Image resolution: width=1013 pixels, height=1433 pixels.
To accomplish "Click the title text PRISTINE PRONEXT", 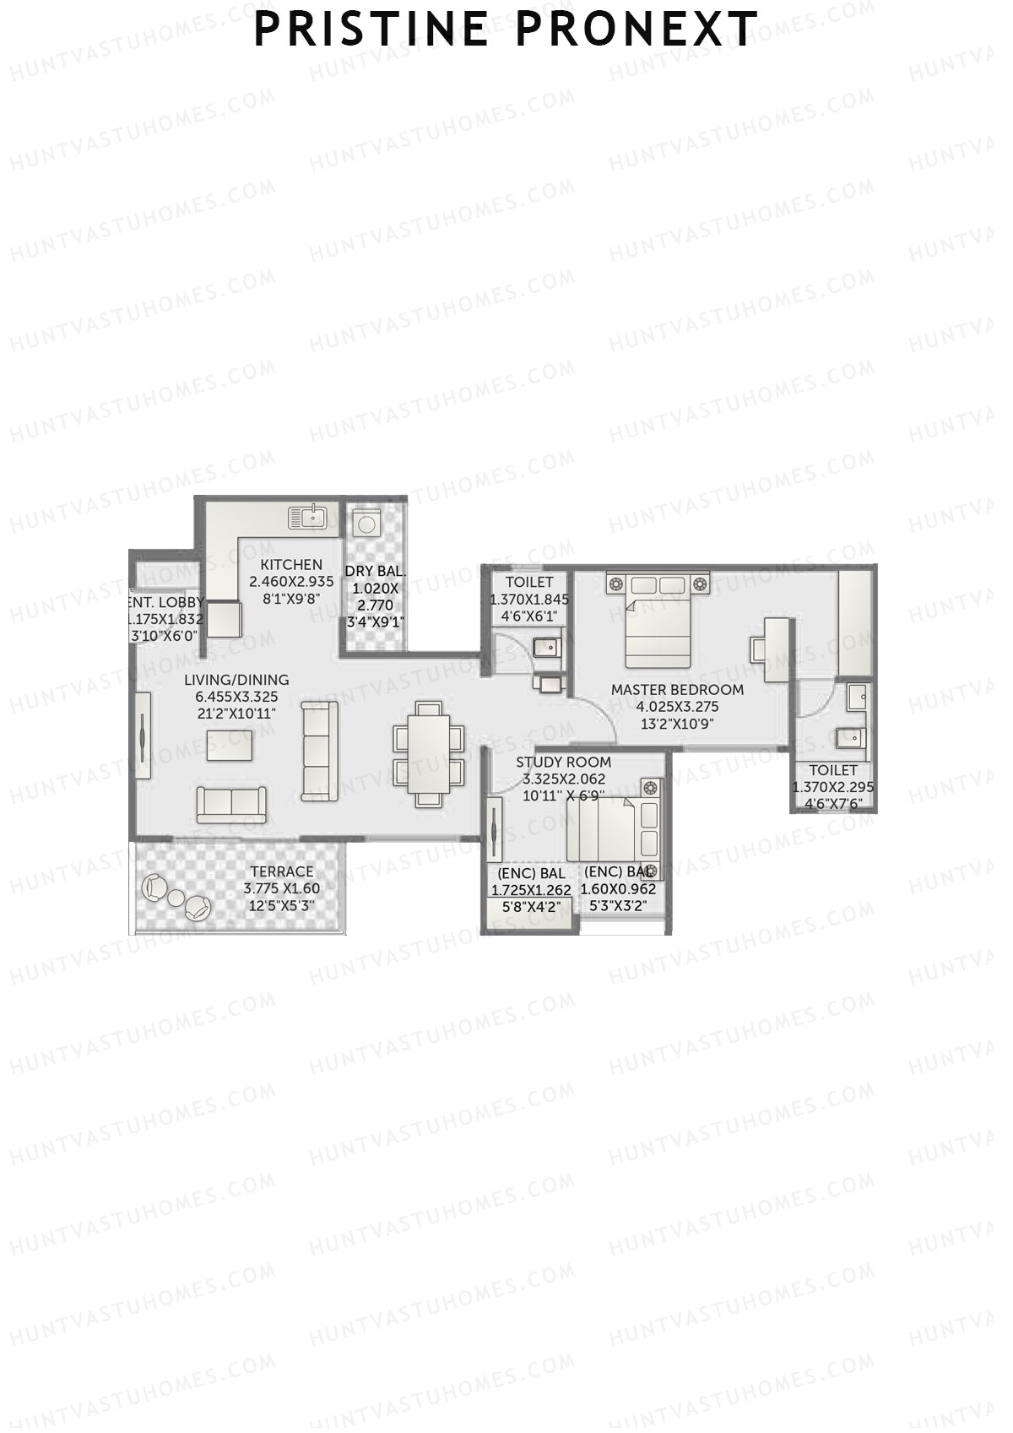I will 506,30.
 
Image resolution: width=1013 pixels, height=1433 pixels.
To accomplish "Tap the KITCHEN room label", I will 291,564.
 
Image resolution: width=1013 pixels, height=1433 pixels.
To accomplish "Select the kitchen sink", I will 307,516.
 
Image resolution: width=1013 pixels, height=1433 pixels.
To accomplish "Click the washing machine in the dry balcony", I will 366,524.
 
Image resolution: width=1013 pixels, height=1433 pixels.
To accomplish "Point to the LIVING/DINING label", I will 236,680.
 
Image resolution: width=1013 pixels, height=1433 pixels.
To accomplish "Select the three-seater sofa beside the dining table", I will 319,745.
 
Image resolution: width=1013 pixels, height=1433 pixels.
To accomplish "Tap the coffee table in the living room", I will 230,745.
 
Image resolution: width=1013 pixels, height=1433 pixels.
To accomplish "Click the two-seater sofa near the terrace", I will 231,804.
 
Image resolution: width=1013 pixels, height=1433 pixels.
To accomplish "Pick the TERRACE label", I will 282,871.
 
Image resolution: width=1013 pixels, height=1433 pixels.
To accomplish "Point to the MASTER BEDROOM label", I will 677,690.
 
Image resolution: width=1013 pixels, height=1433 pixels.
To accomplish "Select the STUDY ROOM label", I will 564,763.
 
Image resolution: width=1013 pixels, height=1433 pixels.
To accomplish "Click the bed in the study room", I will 601,828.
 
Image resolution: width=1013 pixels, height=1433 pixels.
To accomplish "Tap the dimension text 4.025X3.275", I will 677,707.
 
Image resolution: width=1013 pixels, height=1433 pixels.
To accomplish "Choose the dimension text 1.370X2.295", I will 833,787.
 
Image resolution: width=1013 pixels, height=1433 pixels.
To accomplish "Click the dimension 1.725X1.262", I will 531,889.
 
